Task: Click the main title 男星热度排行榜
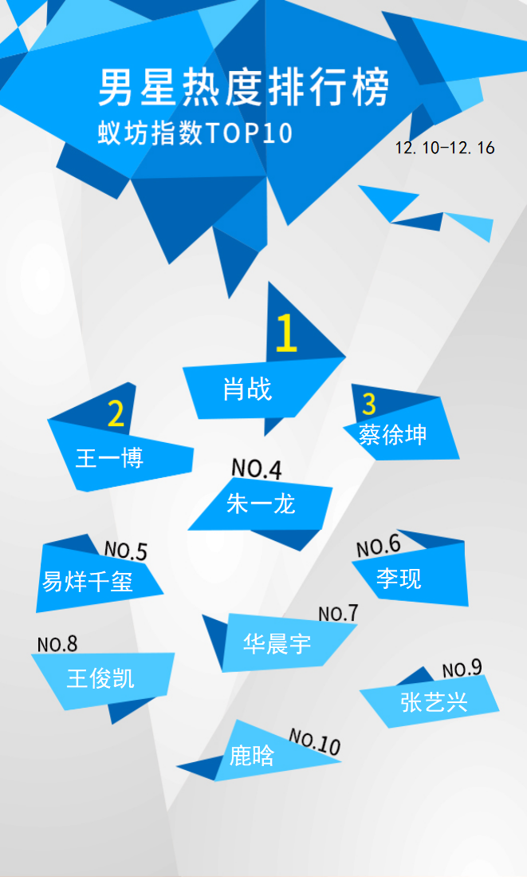[244, 88]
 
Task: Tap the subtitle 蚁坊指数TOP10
[195, 134]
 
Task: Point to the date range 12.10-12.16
[445, 148]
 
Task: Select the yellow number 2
[116, 414]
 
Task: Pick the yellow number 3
[369, 404]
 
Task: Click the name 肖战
[248, 389]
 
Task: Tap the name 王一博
[109, 458]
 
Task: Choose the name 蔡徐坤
[393, 434]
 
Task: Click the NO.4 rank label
[257, 468]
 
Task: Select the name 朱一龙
[261, 504]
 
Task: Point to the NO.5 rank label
[126, 551]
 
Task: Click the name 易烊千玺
[87, 582]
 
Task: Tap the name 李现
[399, 578]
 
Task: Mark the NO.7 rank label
[338, 614]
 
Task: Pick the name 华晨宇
[277, 644]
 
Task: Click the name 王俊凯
[100, 678]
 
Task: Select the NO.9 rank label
[462, 669]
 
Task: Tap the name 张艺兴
[434, 702]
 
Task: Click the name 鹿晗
[252, 756]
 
